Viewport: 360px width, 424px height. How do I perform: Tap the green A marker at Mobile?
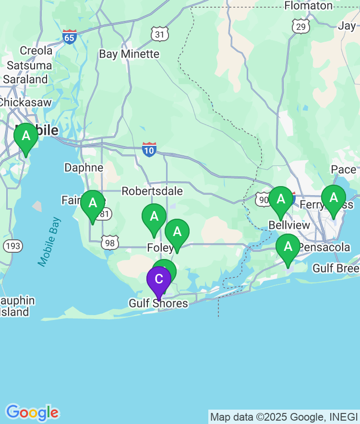tap(26, 136)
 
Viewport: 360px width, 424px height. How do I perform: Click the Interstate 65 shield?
tap(70, 36)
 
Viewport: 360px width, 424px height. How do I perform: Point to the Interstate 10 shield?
tap(149, 150)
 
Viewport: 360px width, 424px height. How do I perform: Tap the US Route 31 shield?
tap(159, 34)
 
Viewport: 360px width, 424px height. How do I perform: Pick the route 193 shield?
tap(12, 246)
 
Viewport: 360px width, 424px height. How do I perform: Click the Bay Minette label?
tap(129, 54)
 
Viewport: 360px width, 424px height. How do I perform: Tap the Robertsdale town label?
tap(152, 191)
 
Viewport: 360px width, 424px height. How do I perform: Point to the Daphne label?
tap(84, 167)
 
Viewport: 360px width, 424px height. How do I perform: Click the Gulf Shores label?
tap(158, 304)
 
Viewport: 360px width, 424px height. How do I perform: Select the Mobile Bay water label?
tap(50, 241)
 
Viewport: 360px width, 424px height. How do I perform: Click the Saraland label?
tap(26, 79)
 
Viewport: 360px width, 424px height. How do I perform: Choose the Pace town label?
tap(344, 169)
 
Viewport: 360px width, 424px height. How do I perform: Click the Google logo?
tap(32, 412)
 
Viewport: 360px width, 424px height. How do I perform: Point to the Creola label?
tap(36, 50)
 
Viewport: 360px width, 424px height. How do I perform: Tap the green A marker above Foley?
tap(154, 217)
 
